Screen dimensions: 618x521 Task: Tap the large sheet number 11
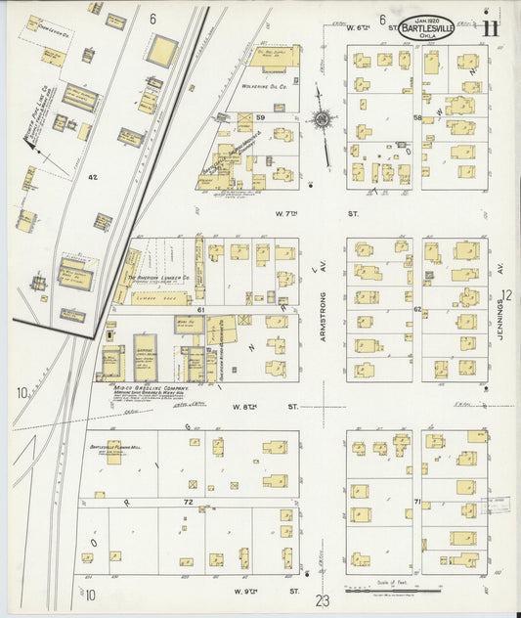pos(492,26)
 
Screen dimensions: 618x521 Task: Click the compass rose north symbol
pos(320,119)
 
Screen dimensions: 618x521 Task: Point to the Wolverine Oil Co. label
pos(263,86)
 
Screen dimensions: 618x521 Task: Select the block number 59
pos(261,118)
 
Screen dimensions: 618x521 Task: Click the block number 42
pos(93,177)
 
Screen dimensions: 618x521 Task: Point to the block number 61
pos(200,309)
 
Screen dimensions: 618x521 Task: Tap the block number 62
pos(416,309)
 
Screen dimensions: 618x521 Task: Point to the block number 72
pos(188,502)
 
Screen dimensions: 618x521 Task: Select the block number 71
pos(416,502)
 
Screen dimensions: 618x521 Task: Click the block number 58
pos(416,118)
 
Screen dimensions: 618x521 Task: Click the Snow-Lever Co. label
pos(51,30)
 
